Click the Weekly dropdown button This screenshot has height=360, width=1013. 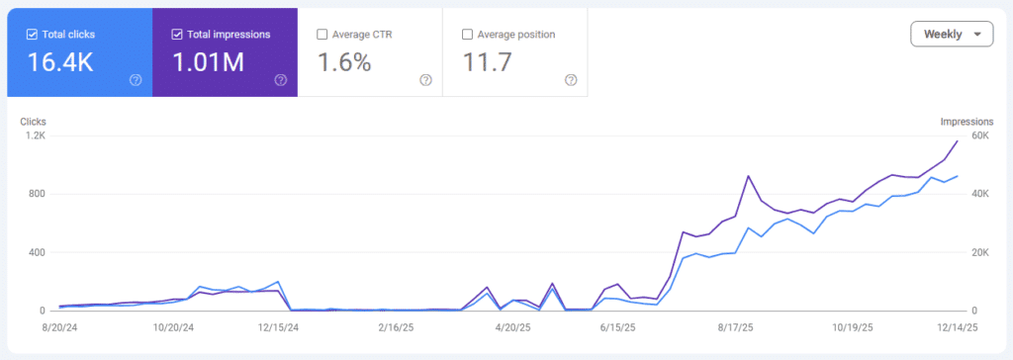coord(951,34)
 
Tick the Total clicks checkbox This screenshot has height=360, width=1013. coord(32,35)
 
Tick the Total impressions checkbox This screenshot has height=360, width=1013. coord(177,35)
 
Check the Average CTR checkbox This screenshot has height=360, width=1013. coord(322,35)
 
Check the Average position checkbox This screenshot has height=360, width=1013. coord(468,35)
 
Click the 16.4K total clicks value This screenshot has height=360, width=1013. coord(60,63)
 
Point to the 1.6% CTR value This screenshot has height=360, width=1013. coord(344,63)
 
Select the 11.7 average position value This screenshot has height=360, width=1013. coord(487,63)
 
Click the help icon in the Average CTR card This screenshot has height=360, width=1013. coord(425,80)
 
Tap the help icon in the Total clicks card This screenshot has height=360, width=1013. coord(136,80)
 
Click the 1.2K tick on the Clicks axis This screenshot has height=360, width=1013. coord(35,135)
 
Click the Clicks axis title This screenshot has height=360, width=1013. coord(34,122)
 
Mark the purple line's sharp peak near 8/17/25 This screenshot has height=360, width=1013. coord(749,176)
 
